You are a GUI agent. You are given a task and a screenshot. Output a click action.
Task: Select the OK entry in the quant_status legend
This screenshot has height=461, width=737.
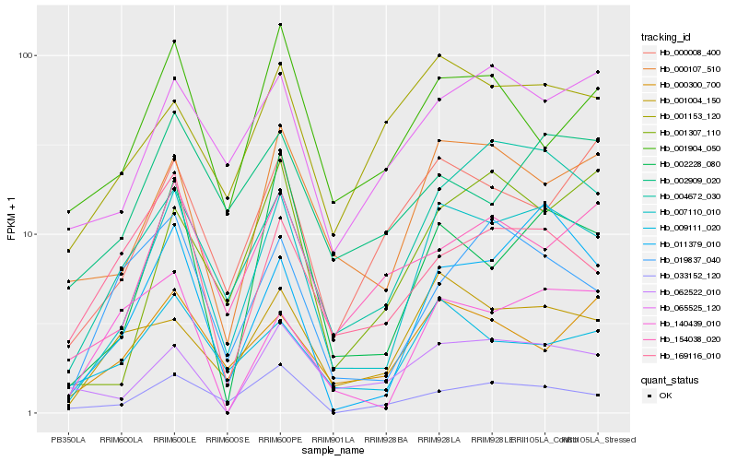pos(665,395)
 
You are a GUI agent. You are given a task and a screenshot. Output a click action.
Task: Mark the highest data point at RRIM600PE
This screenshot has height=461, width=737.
pos(280,25)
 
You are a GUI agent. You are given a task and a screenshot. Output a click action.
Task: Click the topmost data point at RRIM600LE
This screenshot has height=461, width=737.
pos(174,41)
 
